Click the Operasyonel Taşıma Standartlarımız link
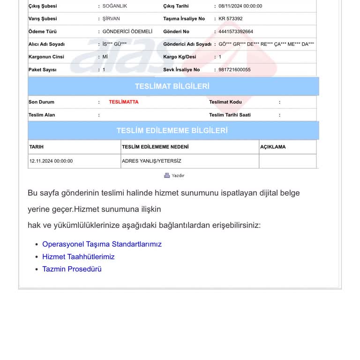[102, 244]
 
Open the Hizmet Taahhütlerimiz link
[78, 257]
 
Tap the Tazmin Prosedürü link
[72, 269]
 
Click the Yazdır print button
[174, 175]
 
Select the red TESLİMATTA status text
[124, 102]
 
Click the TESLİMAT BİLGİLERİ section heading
[172, 86]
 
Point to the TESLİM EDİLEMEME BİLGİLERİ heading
[172, 130]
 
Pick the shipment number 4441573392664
[236, 31]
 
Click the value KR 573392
[231, 19]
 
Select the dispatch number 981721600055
[234, 69]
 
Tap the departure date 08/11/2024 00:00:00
[240, 6]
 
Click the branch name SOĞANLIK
[115, 6]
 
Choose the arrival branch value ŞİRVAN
[112, 19]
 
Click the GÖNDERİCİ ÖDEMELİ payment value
[127, 31]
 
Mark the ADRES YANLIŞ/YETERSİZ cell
[151, 161]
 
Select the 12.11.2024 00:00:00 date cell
[51, 161]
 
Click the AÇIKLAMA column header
[273, 147]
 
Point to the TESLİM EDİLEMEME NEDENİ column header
[155, 147]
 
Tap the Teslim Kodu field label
[225, 102]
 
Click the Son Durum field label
[41, 102]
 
